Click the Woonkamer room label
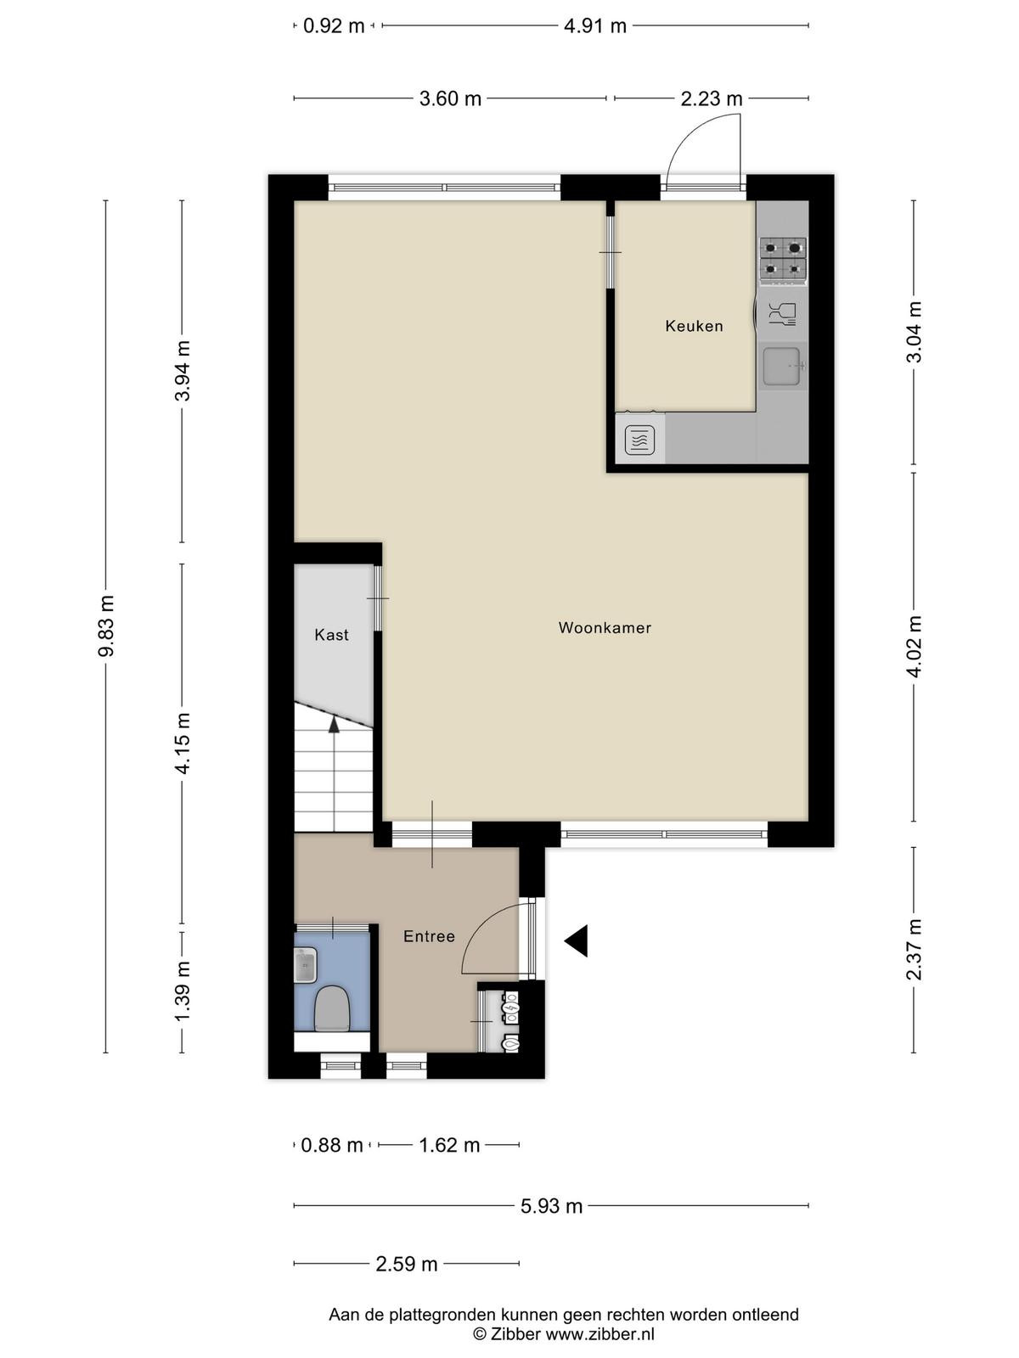[x=605, y=628]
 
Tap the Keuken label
[x=694, y=326]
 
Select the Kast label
[x=332, y=635]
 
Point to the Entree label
[x=429, y=937]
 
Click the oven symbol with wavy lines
[x=639, y=440]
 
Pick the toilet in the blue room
[x=333, y=1009]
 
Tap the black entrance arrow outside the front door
[x=576, y=941]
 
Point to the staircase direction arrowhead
[x=334, y=725]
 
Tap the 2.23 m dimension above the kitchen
[x=712, y=98]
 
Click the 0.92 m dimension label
[x=334, y=26]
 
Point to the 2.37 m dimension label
[x=914, y=950]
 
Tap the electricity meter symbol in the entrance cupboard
[x=512, y=1011]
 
